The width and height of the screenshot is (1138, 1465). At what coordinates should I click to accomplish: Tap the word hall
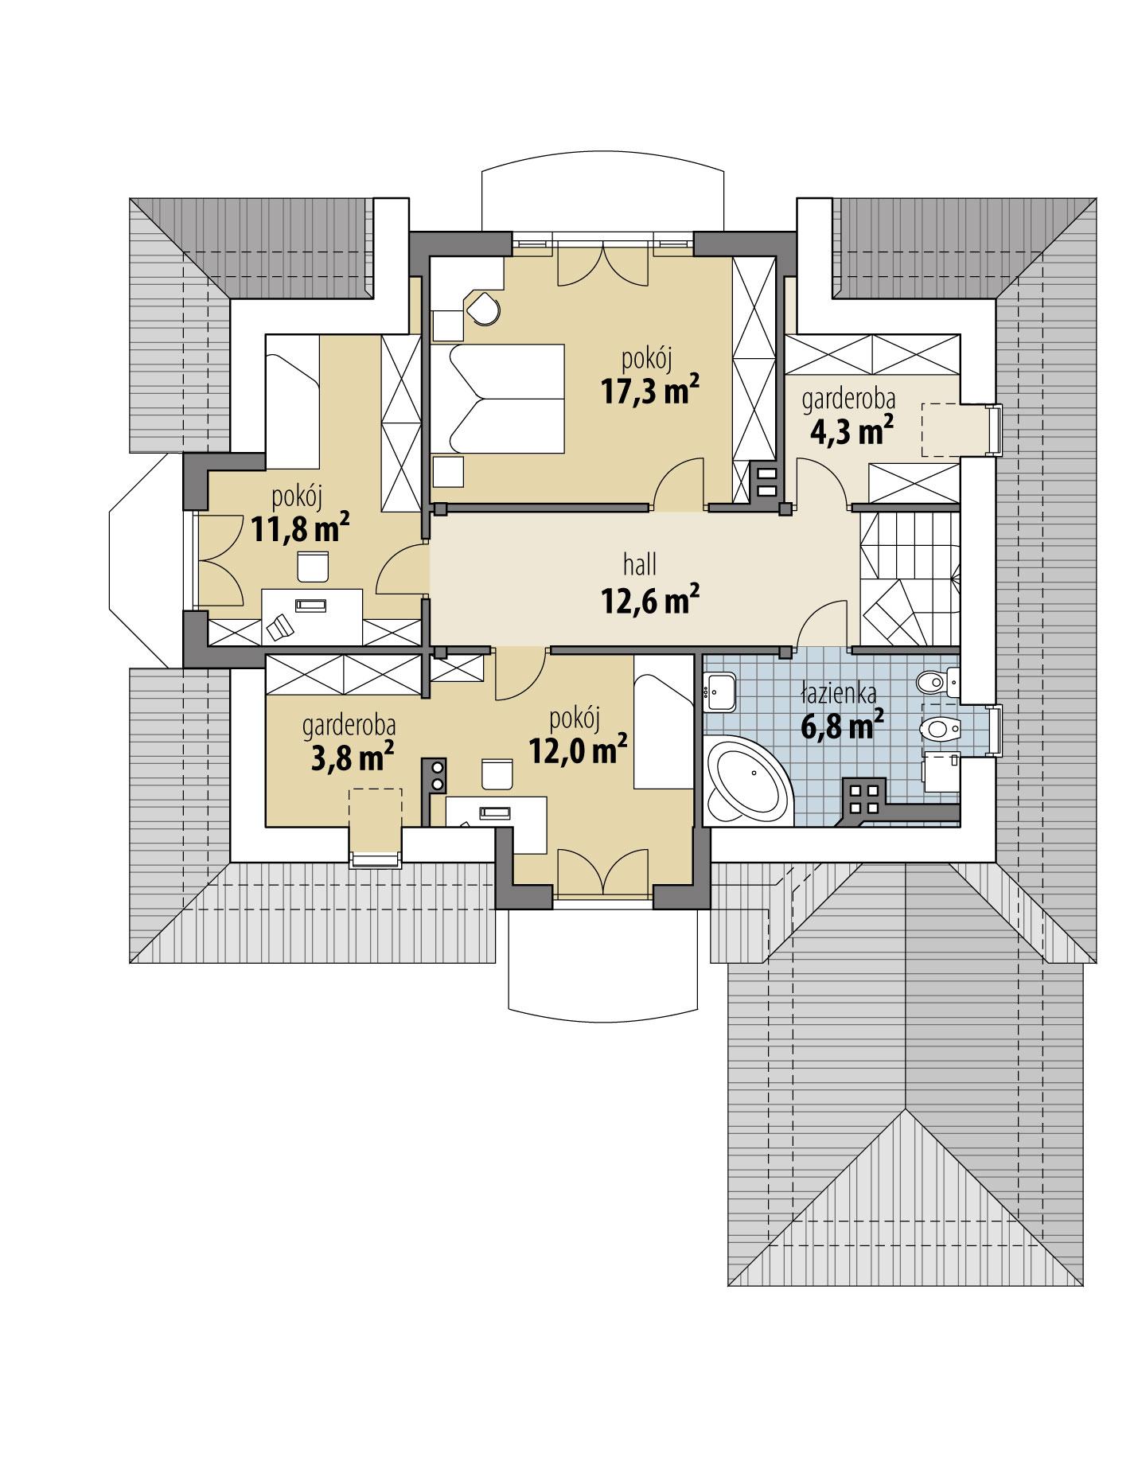tap(640, 565)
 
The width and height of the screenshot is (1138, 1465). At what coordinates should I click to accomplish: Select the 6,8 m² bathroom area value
tap(842, 725)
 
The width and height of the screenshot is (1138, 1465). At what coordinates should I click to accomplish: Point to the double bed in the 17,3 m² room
tap(498, 398)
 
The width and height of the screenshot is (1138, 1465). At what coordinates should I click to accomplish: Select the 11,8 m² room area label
tap(301, 528)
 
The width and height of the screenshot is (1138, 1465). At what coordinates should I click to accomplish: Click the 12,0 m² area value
tap(578, 750)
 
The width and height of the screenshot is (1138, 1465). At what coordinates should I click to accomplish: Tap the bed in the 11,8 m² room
tap(292, 401)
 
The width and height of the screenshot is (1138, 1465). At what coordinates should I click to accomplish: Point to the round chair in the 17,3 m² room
tap(484, 309)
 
